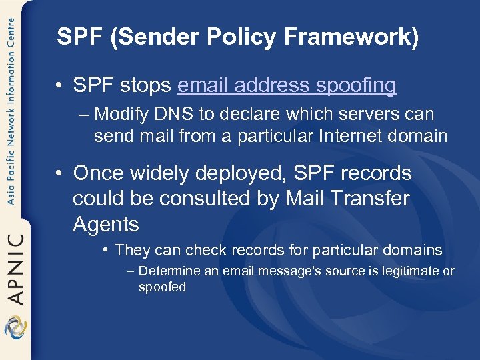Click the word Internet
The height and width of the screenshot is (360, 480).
355,136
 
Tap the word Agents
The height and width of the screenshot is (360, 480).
105,224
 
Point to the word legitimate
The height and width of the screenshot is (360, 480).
410,271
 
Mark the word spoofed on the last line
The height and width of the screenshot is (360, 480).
162,287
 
